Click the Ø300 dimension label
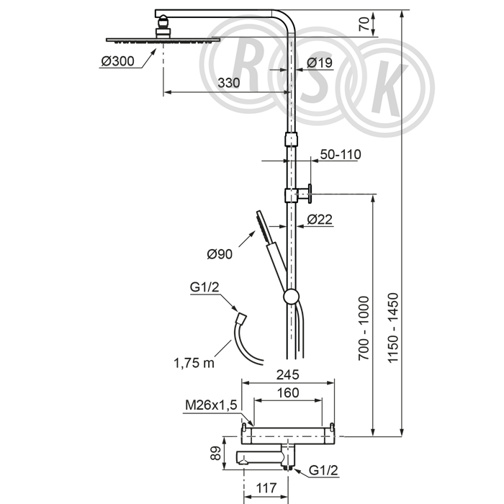pos(117,61)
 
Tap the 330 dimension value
pos(228,83)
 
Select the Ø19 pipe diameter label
pos(320,63)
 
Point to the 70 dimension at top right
pos(364,24)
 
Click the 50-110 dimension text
pos(341,155)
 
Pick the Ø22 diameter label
pos(320,220)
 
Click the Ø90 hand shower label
pos(220,254)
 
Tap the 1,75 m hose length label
pos(194,363)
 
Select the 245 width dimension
pos(288,375)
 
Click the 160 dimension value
pos(288,393)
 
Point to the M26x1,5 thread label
pos(211,405)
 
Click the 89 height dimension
pos(216,453)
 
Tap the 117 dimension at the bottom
pos(266,488)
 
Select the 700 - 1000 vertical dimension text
pos(364,328)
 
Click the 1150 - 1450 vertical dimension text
pos(393,328)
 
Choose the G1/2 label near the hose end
pos(204,287)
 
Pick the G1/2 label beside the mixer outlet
pos(323,470)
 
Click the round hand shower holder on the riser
pos(291,297)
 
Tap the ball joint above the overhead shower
pos(164,22)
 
